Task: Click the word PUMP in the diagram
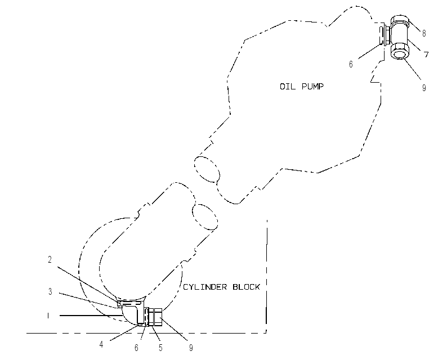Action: [312, 87]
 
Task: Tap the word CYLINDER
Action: [205, 287]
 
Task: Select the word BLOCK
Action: [246, 287]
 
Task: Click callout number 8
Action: [424, 33]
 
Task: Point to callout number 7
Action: [426, 55]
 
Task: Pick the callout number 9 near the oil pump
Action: [424, 88]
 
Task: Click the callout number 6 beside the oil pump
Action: [351, 64]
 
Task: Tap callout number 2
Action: [50, 259]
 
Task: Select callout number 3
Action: [50, 292]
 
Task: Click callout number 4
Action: [101, 344]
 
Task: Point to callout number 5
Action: [160, 348]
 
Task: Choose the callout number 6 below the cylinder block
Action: [136, 348]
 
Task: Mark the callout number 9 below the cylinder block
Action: [191, 348]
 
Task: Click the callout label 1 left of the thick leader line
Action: [48, 316]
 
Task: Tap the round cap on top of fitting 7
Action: [400, 21]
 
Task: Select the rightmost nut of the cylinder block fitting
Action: [158, 317]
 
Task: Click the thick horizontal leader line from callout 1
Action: [91, 316]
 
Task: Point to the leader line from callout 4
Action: [125, 332]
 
